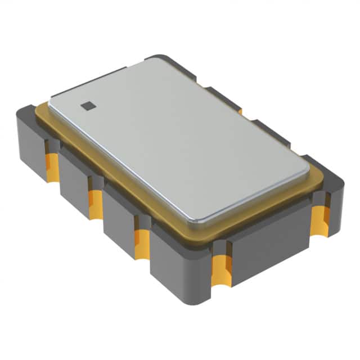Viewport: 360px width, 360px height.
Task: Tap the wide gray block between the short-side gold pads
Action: [x=270, y=242]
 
